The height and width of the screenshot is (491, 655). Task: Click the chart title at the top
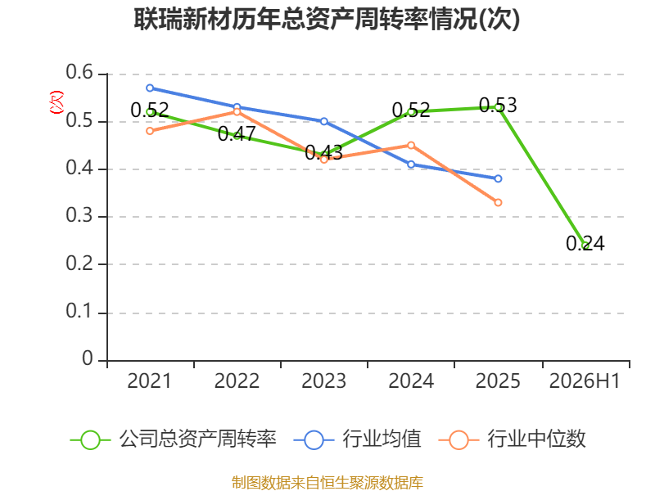coord(327,20)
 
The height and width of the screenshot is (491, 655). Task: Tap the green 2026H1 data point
coord(586,245)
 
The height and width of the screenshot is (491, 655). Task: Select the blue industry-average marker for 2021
coord(150,88)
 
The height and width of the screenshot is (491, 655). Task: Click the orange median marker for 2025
coord(498,202)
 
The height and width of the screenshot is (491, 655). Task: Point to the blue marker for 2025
coord(498,178)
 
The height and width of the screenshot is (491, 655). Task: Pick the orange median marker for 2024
coord(411,146)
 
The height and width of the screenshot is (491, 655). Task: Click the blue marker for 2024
coord(411,164)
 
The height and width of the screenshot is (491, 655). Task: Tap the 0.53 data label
coord(498,106)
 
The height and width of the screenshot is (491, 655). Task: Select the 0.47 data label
coord(237,134)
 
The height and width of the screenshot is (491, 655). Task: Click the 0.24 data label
coord(585,243)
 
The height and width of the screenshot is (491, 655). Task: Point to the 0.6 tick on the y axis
coord(79,73)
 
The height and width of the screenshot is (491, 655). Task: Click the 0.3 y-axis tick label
coord(79,216)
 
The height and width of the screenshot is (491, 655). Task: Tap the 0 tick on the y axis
coord(88,358)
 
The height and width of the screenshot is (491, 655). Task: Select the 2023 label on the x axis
coord(323,381)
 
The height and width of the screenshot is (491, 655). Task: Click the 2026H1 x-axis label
coord(585,381)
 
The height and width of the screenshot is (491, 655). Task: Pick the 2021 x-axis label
coord(150,381)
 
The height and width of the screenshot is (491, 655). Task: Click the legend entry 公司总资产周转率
coord(174,439)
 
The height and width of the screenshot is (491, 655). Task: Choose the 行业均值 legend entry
coord(358,439)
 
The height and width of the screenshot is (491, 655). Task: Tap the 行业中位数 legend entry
coord(513,439)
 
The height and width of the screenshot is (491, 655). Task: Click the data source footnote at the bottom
coord(327,483)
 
